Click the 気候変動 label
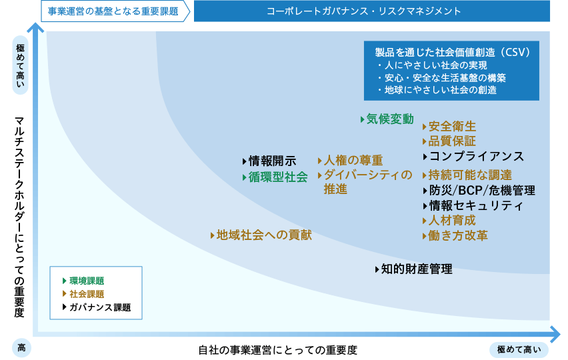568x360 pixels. pyautogui.click(x=390, y=119)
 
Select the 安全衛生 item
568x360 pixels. pyautogui.click(x=452, y=127)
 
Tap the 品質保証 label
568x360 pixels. pyautogui.click(x=452, y=141)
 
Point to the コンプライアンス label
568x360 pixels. pyautogui.click(x=477, y=157)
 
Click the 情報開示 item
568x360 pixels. pyautogui.click(x=273, y=161)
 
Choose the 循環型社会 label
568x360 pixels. pyautogui.click(x=278, y=177)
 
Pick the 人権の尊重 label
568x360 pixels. pyautogui.click(x=353, y=160)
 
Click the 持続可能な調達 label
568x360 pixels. pyautogui.click(x=470, y=175)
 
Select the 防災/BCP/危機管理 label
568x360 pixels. pyautogui.click(x=482, y=191)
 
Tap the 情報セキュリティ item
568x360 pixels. pyautogui.click(x=476, y=206)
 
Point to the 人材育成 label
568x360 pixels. pyautogui.click(x=452, y=220)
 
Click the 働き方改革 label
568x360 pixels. pyautogui.click(x=458, y=235)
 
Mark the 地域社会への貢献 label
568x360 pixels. pyautogui.click(x=264, y=235)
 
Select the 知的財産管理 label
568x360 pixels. pyautogui.click(x=417, y=269)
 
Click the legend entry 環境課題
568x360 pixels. pyautogui.click(x=87, y=281)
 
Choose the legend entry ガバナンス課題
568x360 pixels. pyautogui.click(x=100, y=307)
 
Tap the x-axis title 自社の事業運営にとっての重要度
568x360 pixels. pyautogui.click(x=278, y=350)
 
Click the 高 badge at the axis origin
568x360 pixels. pyautogui.click(x=21, y=348)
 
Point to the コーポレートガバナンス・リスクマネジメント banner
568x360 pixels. pyautogui.click(x=371, y=11)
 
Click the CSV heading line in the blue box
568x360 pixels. pyautogui.click(x=453, y=53)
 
